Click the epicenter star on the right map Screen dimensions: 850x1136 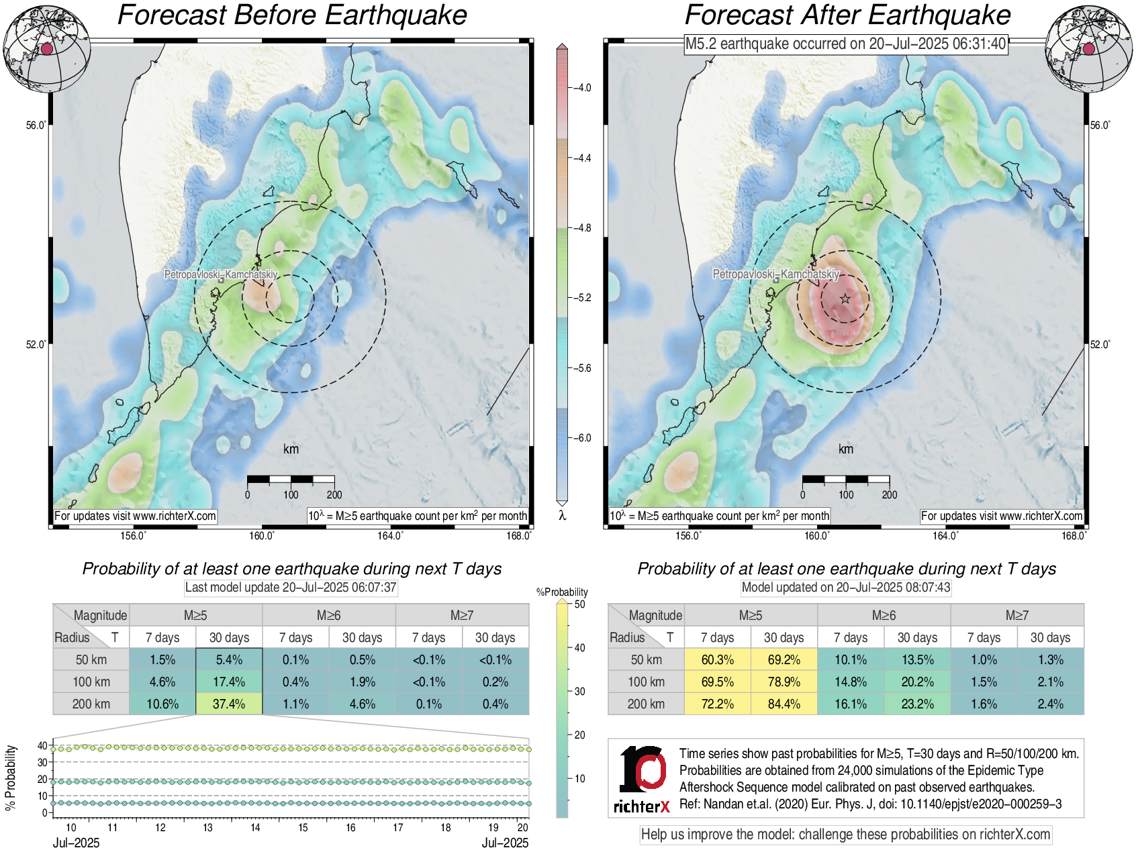coord(845,299)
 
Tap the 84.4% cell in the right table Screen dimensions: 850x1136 coord(784,704)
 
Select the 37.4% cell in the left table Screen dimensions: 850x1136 coord(229,704)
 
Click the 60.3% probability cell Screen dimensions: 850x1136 coord(717,659)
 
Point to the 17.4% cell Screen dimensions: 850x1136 coord(229,682)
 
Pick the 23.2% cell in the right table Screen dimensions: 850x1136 coord(917,704)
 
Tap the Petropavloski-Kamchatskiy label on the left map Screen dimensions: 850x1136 coord(221,274)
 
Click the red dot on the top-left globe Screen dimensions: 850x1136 coord(46,48)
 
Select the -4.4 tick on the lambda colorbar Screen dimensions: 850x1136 coord(581,158)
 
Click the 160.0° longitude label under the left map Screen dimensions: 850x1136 coord(262,535)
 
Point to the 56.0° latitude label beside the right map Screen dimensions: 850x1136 coord(1100,125)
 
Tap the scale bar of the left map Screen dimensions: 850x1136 coord(291,479)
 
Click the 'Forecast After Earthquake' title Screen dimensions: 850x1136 coord(847,15)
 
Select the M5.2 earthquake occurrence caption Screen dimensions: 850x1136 coord(845,44)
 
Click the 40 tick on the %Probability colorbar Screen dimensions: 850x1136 coord(579,647)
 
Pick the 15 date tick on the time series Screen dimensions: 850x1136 coord(303,828)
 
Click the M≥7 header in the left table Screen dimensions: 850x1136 coord(462,615)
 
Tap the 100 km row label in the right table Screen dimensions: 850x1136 coord(646,682)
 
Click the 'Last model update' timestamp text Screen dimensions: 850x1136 coord(291,588)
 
